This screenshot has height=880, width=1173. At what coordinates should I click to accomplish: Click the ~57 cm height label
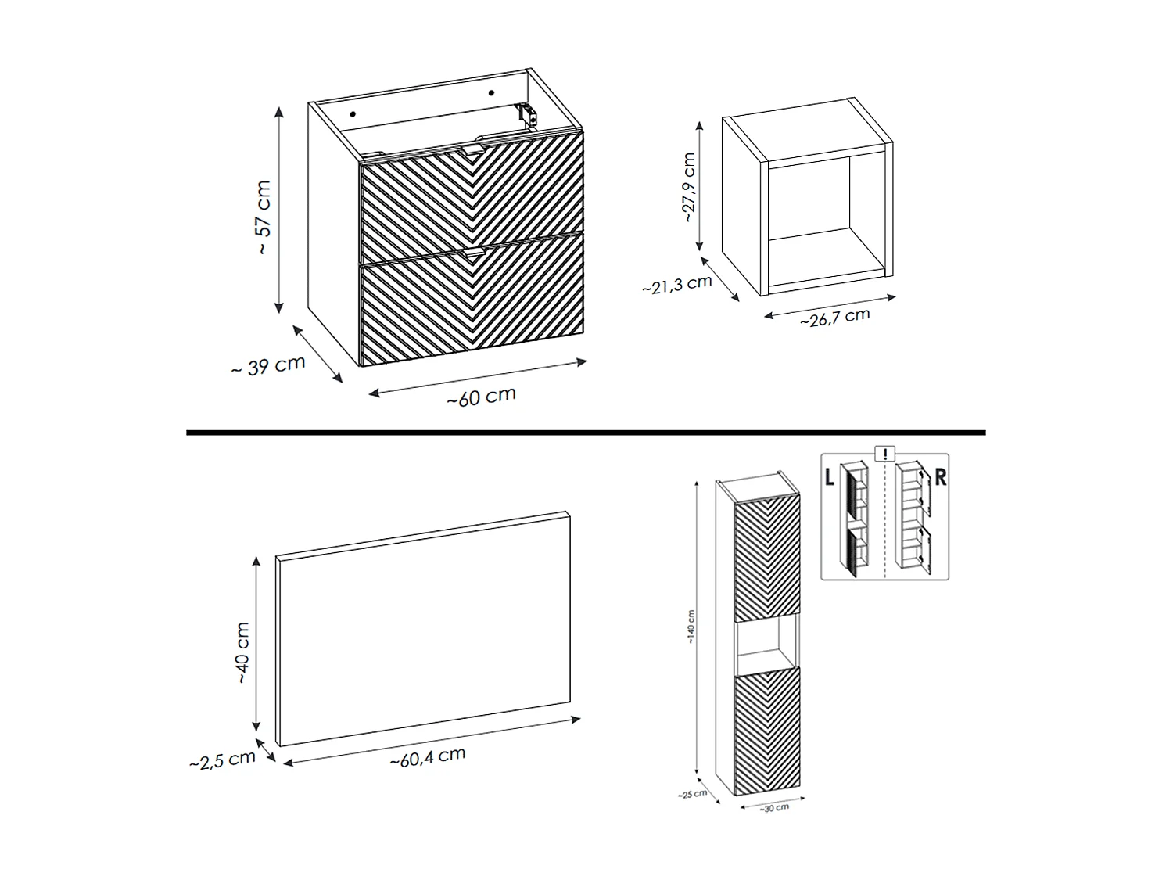point(264,217)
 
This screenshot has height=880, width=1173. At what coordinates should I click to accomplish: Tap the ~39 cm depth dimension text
point(268,366)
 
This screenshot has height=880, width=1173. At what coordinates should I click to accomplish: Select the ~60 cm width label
point(481,397)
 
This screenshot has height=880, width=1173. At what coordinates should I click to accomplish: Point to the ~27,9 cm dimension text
point(688,188)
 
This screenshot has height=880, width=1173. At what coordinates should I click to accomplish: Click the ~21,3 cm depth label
point(677,285)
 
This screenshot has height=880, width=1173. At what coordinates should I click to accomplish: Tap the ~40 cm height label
point(243,653)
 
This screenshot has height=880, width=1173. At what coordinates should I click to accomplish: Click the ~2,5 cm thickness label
point(223,760)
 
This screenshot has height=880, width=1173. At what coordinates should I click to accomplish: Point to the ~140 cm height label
point(691,627)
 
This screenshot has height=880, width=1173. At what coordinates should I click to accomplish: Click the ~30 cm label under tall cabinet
point(774,807)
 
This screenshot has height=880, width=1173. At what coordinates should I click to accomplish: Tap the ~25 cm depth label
point(692,794)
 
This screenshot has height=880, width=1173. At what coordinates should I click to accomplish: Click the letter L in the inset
point(830,476)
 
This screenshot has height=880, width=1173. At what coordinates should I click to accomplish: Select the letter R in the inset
point(940,476)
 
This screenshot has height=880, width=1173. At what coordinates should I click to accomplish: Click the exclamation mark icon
point(884,454)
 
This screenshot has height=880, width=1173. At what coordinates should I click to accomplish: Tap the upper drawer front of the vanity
point(471,196)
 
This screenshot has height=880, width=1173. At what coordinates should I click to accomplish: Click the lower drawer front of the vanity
point(472,305)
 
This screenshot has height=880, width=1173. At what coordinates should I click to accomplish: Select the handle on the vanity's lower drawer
point(474,253)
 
